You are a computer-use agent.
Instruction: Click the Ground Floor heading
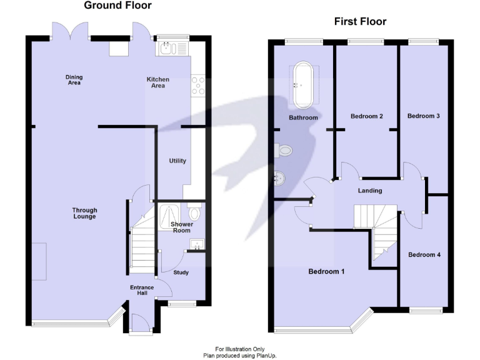pyautogui.click(x=117, y=6)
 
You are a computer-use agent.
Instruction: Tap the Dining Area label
pyautogui.click(x=74, y=80)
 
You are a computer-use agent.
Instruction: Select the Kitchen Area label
pyautogui.click(x=157, y=82)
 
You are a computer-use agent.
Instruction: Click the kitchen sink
pyautogui.click(x=167, y=47)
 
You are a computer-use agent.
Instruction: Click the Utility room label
pyautogui.click(x=177, y=161)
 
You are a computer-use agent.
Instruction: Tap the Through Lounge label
pyautogui.click(x=84, y=213)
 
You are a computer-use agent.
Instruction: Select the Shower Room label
pyautogui.click(x=181, y=227)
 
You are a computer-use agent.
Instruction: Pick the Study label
pyautogui.click(x=181, y=272)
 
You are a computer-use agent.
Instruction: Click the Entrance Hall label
pyautogui.click(x=142, y=290)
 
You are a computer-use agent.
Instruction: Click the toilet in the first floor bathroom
pyautogui.click(x=282, y=150)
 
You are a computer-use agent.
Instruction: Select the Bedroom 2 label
pyautogui.click(x=366, y=116)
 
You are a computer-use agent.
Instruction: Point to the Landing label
pyautogui.click(x=370, y=191)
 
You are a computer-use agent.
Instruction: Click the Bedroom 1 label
pyautogui.click(x=327, y=272)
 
